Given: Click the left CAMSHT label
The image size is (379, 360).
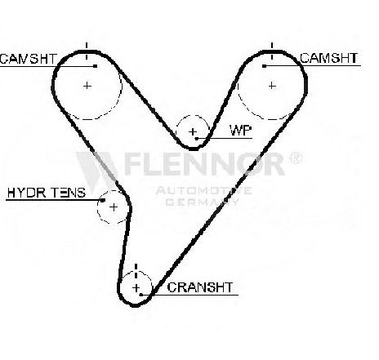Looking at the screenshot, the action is tap(29, 59).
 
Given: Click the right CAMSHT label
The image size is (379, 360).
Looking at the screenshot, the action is tap(329, 58).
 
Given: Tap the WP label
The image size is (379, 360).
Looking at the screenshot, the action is tap(241, 131).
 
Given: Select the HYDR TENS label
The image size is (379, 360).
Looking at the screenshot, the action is tap(47, 193).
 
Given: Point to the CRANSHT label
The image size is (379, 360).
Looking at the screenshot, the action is tap(200, 287).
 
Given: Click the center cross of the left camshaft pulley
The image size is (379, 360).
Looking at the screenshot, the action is tap(87, 86).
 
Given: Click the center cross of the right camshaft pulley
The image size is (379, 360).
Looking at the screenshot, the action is tap(272, 86).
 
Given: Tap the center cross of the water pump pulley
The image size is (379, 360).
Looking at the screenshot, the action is tap(193, 132).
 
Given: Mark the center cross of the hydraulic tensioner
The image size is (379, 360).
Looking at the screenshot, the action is tap(114, 207).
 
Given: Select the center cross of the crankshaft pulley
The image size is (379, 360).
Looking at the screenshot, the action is tap(136, 287).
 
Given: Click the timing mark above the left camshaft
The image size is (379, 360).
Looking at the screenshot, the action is tap(87, 51).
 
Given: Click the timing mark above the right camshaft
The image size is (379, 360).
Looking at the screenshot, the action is tap(272, 51).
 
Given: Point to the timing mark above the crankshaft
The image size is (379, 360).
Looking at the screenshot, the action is tap(136, 271).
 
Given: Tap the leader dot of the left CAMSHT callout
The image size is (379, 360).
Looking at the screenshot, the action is tap(95, 66).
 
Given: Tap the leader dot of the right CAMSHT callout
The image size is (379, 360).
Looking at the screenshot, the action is tap(264, 66).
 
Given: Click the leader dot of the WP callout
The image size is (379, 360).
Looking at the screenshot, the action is tap(197, 139).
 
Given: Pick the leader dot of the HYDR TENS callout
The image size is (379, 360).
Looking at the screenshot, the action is tap(103, 200).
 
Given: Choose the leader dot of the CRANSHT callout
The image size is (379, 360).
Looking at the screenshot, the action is tap(141, 295).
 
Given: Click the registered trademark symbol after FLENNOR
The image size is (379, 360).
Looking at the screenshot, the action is tap(296, 158).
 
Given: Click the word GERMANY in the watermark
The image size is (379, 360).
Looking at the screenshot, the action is tap(202, 202).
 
